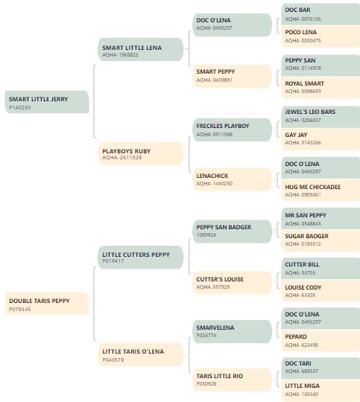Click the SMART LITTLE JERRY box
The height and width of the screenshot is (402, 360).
(x=47, y=102)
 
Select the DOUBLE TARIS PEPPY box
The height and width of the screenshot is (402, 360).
(x=47, y=303)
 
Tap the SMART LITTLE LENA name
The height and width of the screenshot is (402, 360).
(x=132, y=48)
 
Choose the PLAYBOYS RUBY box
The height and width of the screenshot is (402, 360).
(x=141, y=153)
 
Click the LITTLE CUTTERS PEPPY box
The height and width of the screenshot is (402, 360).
(x=141, y=257)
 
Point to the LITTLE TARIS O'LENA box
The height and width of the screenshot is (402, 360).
(x=141, y=354)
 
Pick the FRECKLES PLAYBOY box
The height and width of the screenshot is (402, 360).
(x=232, y=130)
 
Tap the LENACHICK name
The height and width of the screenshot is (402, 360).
(x=212, y=176)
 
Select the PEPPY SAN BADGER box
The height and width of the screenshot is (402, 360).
(x=232, y=232)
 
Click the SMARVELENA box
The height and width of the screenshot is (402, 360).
(x=232, y=331)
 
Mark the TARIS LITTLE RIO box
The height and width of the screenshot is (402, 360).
(x=232, y=380)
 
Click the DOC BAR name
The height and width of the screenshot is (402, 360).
(x=297, y=10)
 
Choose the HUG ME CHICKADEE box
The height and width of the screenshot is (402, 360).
(x=320, y=190)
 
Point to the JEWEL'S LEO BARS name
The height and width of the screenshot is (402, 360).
(x=310, y=112)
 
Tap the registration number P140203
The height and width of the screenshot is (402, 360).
(x=20, y=108)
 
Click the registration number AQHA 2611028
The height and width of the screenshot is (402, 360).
(x=122, y=158)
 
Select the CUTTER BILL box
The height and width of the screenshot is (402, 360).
(x=320, y=269)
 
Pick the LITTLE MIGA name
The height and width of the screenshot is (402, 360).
(x=302, y=386)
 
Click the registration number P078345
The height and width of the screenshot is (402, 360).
(x=20, y=309)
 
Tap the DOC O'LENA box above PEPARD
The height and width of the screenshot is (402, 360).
(x=320, y=318)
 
